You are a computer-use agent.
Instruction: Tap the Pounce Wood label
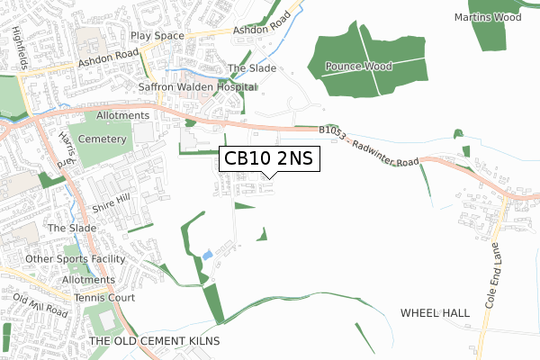point(365,67)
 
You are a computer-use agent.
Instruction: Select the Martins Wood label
point(488,17)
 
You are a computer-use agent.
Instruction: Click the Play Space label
point(157,36)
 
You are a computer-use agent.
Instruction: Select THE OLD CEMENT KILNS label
point(154,341)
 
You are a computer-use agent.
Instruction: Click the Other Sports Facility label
point(76,259)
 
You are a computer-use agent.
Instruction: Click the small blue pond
point(208,256)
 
